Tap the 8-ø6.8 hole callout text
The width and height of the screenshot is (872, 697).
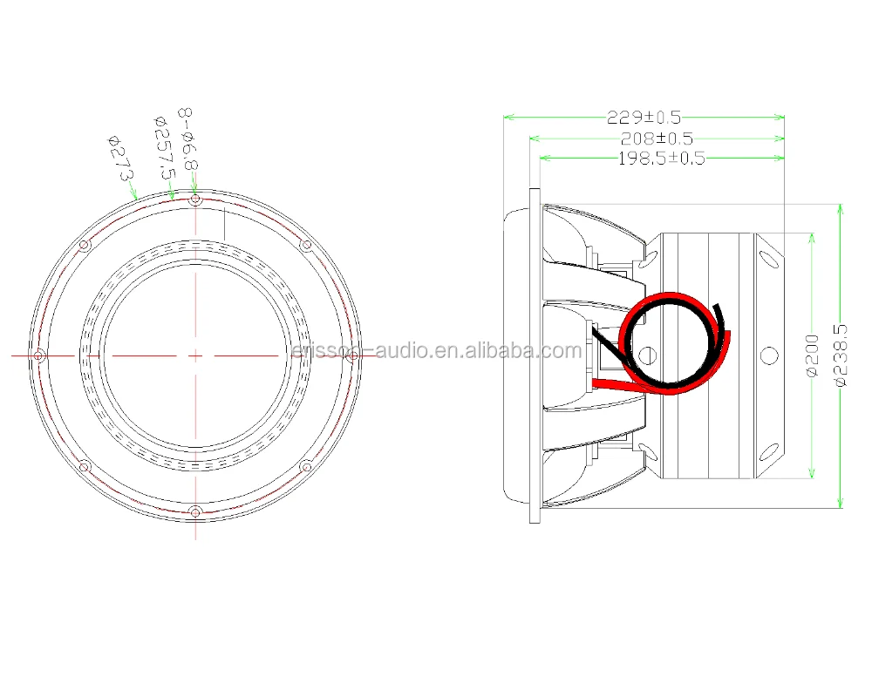pos(188,139)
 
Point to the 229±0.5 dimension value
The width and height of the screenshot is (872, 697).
pos(644,117)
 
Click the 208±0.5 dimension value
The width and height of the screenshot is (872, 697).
pos(656,139)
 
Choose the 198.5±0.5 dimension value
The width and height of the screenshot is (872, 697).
pos(660,158)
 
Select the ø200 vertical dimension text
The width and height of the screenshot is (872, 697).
pos(812,355)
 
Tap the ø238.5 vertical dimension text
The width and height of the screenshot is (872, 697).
pos(841,355)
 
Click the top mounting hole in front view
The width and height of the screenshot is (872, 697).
pos(195,200)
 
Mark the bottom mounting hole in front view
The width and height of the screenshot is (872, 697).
pos(195,511)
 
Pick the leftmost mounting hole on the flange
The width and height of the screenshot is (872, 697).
pos(39,355)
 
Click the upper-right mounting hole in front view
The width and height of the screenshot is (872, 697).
pos(305,246)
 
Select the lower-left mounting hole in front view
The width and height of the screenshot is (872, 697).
pos(85,467)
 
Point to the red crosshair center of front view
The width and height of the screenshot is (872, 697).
pos(195,355)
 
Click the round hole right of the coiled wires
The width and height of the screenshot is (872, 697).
pos(768,355)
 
